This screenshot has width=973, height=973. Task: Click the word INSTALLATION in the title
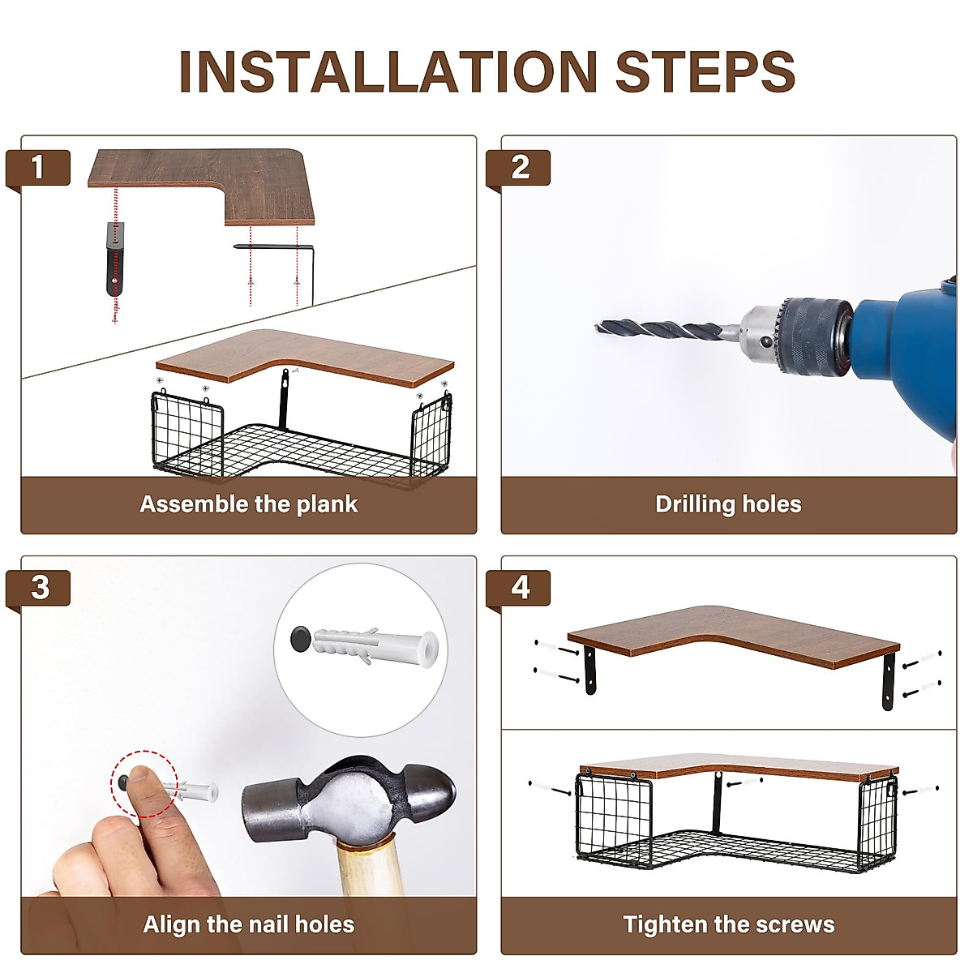pyautogui.click(x=388, y=71)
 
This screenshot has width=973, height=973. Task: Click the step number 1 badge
pyautogui.click(x=38, y=168)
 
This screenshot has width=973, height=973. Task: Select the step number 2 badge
pyautogui.click(x=518, y=168)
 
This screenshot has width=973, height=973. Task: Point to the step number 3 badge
pyautogui.click(x=38, y=588)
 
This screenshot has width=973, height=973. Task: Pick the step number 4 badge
pyautogui.click(x=518, y=588)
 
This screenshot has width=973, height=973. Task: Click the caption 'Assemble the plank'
pyautogui.click(x=249, y=504)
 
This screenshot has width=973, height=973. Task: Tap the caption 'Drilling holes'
pyautogui.click(x=728, y=504)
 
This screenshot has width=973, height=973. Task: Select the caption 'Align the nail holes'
pyautogui.click(x=249, y=924)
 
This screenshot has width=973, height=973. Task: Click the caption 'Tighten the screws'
pyautogui.click(x=729, y=924)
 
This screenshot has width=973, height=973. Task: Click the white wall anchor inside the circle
pyautogui.click(x=375, y=647)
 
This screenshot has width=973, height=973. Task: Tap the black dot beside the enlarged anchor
pyautogui.click(x=302, y=639)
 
